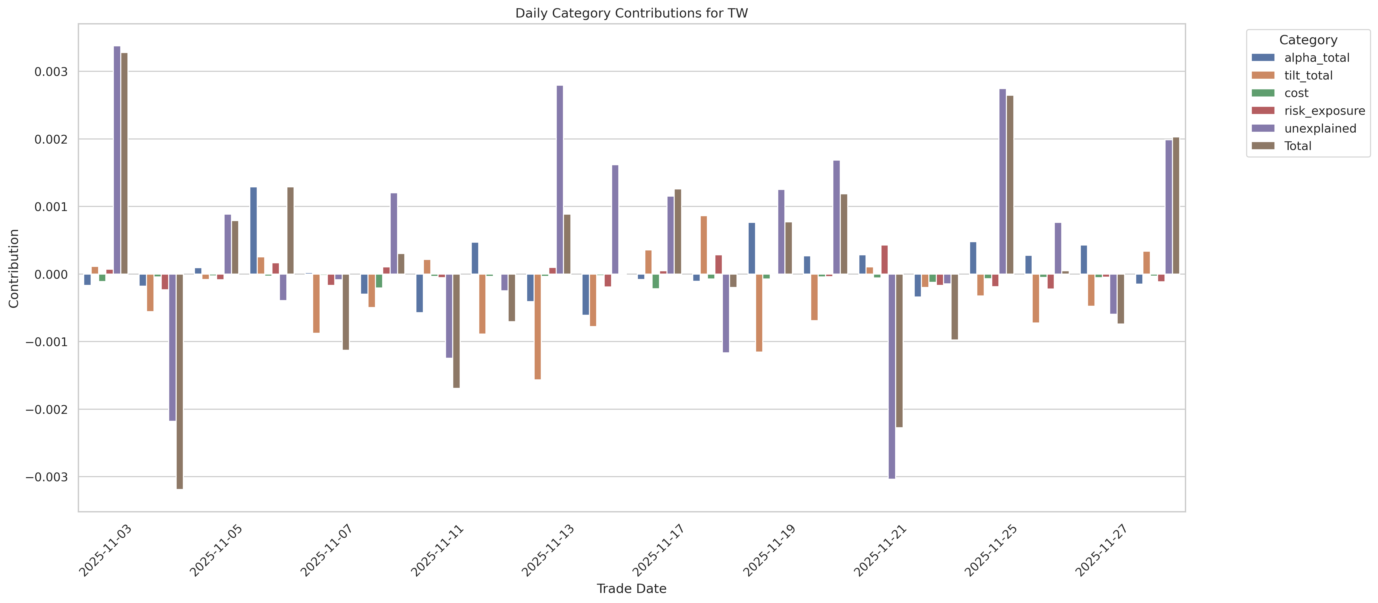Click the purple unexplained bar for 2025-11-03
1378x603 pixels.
click(117, 160)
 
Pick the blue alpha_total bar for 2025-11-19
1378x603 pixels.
click(752, 249)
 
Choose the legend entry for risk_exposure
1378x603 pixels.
click(1324, 111)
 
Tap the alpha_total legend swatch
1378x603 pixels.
click(1263, 58)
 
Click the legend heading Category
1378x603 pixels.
click(1308, 40)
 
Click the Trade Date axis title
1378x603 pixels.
click(631, 589)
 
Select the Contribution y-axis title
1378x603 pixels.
click(14, 268)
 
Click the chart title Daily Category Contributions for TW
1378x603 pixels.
click(631, 13)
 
